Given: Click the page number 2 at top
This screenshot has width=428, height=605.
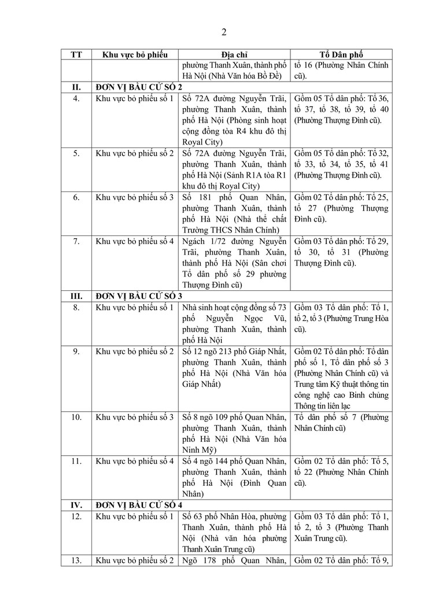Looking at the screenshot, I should pos(224,31).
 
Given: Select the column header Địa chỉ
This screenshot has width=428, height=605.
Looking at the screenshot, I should pos(234,54).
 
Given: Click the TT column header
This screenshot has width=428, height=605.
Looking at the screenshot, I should pos(76,54).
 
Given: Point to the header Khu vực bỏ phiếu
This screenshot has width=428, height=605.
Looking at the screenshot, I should pos(134,54).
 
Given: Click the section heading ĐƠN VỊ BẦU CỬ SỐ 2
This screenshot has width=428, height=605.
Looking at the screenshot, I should pos(139,87).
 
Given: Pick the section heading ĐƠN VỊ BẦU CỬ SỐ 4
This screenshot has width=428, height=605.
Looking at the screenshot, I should pos(139,505).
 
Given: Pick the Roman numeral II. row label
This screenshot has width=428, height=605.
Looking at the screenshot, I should pos(76,87).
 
